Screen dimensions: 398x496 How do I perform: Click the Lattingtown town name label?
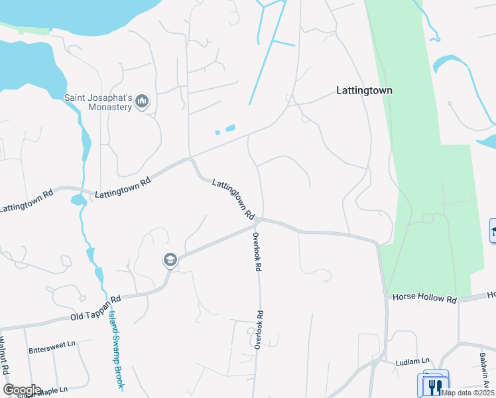coord(364,90)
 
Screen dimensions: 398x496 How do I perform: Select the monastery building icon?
coord(141,101)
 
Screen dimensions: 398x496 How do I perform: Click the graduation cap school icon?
coord(170,260)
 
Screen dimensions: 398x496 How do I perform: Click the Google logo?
coord(22,389)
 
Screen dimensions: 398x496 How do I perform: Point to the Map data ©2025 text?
coord(467,393)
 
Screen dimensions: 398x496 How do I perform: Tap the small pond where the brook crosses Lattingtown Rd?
coord(77,200)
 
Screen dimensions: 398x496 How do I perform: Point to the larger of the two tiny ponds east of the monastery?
coord(230,128)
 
